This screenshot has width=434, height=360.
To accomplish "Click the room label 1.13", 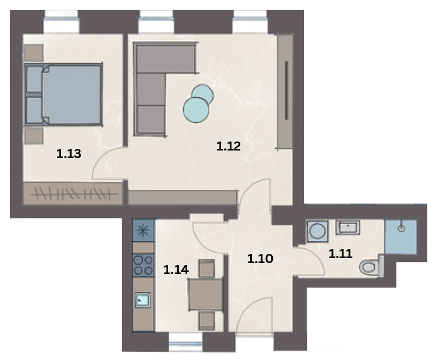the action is [69, 153].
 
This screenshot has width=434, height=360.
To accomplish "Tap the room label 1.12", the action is [229, 146].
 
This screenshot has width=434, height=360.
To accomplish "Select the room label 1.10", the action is [260, 259].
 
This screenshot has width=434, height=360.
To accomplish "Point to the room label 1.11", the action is [340, 253].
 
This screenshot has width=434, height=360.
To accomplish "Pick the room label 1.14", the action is [176, 269].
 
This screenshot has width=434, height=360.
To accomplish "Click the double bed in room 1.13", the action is [64, 95].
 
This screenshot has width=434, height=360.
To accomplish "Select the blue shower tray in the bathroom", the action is [401, 237].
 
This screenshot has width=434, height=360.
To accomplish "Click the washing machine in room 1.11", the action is [317, 231].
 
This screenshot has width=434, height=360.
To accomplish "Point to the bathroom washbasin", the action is [348, 227].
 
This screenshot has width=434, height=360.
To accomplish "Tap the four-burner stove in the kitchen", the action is [143, 265].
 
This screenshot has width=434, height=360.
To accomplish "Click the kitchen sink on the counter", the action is [143, 300].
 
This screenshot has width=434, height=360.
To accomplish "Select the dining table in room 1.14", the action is [205, 294].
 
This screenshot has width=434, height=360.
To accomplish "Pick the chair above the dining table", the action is [207, 268].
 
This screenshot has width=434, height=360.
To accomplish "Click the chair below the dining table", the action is [207, 320].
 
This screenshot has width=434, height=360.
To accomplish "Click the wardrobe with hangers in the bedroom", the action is [73, 193].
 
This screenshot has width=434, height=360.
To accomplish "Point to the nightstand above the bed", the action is [34, 53].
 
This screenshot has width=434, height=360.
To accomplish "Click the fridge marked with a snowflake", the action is [143, 230].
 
